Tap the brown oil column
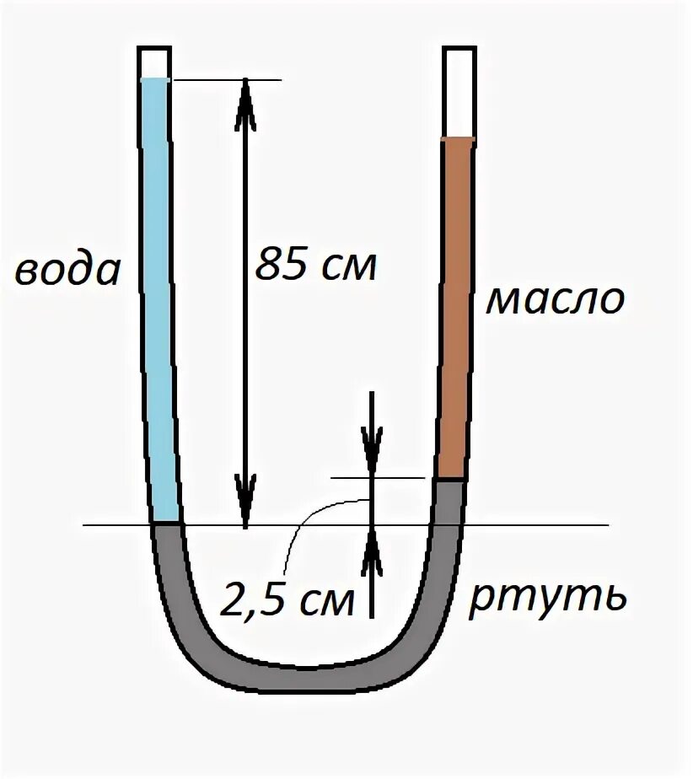point(455,304)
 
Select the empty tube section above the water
point(154,62)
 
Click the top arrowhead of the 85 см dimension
point(244,101)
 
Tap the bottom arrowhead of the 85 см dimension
point(244,502)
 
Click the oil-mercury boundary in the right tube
point(449,479)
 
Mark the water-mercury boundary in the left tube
point(166,524)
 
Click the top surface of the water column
point(154,79)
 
